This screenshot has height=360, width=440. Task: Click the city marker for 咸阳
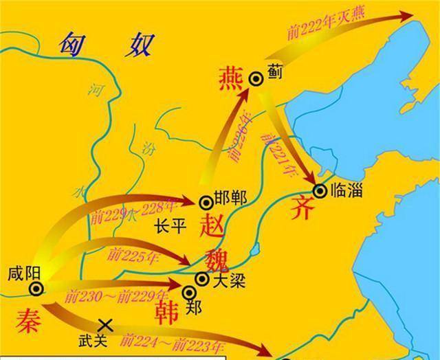tap(34, 288)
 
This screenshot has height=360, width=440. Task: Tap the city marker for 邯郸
tap(205, 201)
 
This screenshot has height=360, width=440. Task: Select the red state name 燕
tap(230, 78)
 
